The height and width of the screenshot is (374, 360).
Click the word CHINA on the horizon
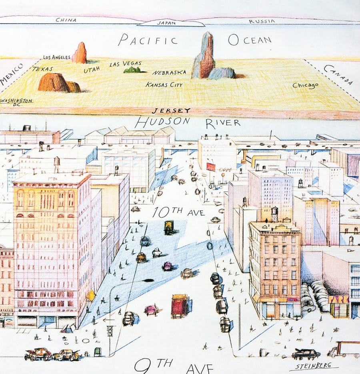pyautogui.click(x=66, y=20)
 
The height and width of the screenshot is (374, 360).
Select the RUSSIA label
pyautogui.click(x=262, y=21)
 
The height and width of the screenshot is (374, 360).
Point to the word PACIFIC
pyautogui.click(x=148, y=40)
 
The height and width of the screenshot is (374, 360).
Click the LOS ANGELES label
pyautogui.click(x=56, y=57)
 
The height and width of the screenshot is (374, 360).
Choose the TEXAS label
pyautogui.click(x=43, y=69)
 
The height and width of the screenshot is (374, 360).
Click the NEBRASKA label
pyautogui.click(x=169, y=72)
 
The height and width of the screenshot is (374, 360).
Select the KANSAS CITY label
pyautogui.click(x=164, y=85)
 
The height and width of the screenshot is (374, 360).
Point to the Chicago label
pyautogui.click(x=305, y=85)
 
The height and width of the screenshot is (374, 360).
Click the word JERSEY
pyautogui.click(x=165, y=111)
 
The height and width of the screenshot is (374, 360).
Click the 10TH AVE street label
pyautogui.click(x=178, y=212)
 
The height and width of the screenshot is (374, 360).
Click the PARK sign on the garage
pyautogui.click(x=338, y=299)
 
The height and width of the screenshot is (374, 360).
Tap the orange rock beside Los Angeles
pyautogui.click(x=80, y=53)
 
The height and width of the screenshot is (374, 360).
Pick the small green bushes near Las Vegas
pyautogui.click(x=132, y=70)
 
